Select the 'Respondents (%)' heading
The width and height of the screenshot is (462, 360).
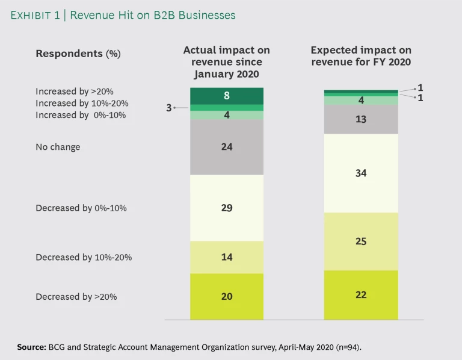click(x=78, y=54)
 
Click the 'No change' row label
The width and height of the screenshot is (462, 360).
click(x=58, y=147)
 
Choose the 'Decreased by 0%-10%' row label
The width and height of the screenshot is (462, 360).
click(x=81, y=208)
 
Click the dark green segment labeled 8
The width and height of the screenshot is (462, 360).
click(x=227, y=96)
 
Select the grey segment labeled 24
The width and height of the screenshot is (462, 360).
click(x=227, y=147)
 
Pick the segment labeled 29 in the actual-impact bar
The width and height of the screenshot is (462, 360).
click(x=227, y=208)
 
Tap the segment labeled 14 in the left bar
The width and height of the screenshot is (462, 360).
click(x=227, y=257)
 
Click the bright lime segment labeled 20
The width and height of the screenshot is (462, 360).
click(x=227, y=296)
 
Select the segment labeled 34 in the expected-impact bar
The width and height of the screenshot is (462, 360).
click(x=361, y=173)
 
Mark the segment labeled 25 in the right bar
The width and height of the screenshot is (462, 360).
click(x=361, y=241)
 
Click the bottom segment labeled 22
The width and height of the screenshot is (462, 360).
click(x=361, y=295)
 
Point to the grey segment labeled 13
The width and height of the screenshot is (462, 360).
click(x=361, y=119)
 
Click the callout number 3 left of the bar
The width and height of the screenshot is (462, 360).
click(x=170, y=108)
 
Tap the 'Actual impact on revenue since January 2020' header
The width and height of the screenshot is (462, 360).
click(x=227, y=62)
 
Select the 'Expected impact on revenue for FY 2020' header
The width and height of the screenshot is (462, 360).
click(x=361, y=57)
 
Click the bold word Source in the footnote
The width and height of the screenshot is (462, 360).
click(x=33, y=347)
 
